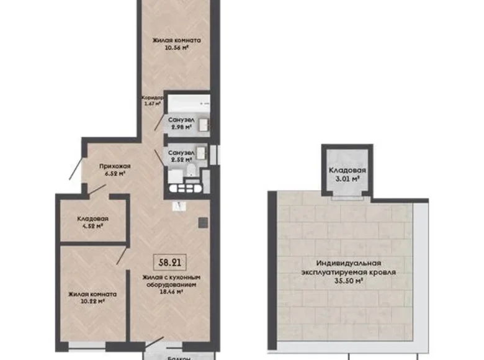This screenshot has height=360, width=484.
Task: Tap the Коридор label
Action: click(152, 98)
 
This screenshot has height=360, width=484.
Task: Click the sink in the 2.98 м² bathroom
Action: click(203, 124)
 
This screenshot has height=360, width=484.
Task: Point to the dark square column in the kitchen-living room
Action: click(201, 222)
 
